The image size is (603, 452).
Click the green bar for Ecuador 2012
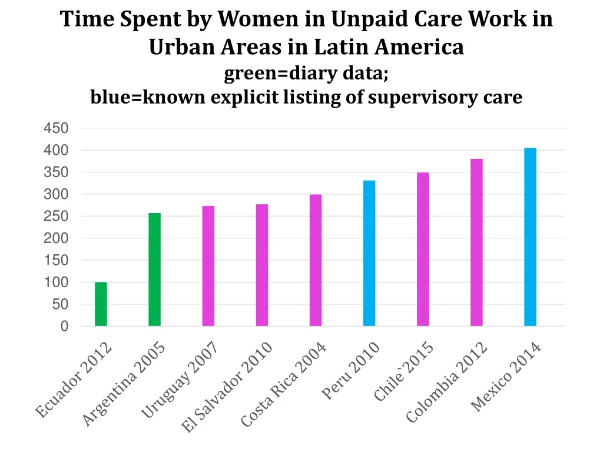click(101, 304)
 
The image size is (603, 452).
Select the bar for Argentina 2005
click(154, 270)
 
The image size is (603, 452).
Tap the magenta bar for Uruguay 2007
click(208, 266)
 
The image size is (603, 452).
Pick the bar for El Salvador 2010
click(262, 265)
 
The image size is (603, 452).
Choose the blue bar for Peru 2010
click(369, 253)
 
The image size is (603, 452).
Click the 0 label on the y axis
click(64, 327)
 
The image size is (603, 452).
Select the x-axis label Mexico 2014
click(506, 378)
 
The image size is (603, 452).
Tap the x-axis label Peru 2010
click(351, 372)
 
